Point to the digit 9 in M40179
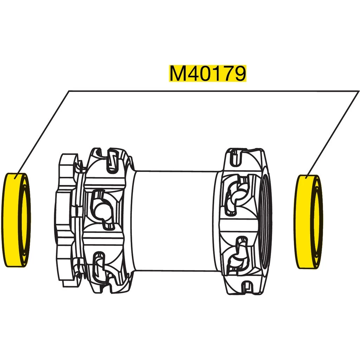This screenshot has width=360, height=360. tap(238, 73)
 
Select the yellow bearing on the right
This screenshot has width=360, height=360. tap(302, 221)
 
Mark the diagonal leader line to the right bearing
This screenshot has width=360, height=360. tap(334, 134)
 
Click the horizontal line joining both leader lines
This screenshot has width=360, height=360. tap(211, 91)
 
